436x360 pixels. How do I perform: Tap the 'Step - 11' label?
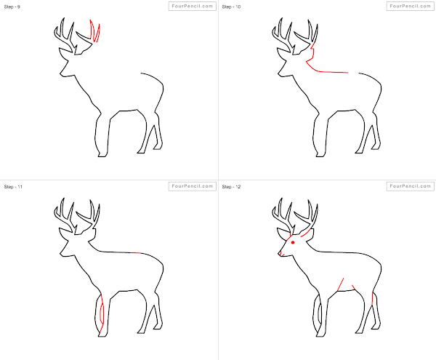[13, 187]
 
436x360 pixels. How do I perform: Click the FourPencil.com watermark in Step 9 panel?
[192, 6]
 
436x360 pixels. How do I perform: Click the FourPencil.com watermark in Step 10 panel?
[409, 6]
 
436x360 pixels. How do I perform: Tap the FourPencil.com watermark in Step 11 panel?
[192, 186]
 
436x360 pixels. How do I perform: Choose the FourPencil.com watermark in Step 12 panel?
[409, 186]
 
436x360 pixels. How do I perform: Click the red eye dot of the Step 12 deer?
[293, 243]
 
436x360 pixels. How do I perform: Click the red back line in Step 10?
[327, 71]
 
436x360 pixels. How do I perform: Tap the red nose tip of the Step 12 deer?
[280, 254]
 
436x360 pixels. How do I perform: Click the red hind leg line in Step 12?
[373, 298]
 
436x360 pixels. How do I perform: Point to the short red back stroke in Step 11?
[137, 252]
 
